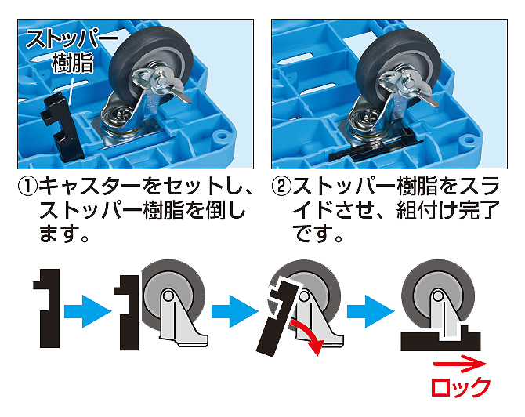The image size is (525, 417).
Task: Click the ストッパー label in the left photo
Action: tap(71, 39)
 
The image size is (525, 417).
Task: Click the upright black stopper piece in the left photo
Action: tap(63, 125)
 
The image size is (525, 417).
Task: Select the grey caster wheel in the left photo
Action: tap(150, 66)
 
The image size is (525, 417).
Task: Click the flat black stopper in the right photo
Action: tap(375, 146)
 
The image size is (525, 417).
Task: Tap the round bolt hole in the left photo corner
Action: tap(221, 136)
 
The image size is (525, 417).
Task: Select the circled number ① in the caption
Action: tap(27, 186)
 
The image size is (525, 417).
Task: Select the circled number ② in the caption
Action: tap(281, 186)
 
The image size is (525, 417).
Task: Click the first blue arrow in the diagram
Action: tap(88, 311)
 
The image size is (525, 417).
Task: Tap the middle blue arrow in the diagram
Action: tap(235, 311)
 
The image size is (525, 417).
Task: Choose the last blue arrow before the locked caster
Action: tap(371, 311)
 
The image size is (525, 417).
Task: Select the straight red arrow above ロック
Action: tap(460, 364)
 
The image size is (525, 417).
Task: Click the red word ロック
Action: tap(461, 387)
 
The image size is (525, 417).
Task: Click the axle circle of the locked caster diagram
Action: tap(437, 296)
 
